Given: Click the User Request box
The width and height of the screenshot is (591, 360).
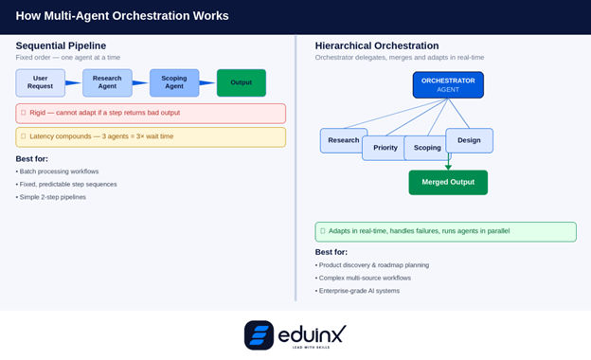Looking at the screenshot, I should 41,83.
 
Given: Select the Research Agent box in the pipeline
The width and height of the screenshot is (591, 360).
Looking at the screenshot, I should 107,83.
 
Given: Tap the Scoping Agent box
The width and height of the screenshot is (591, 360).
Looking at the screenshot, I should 174,83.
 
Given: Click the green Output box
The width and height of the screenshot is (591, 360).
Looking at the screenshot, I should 241,83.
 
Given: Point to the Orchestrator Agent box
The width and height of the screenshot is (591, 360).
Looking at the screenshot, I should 448,85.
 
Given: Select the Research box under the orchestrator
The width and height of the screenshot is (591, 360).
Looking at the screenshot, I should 341,140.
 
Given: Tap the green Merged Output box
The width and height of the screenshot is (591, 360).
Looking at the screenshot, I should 448,182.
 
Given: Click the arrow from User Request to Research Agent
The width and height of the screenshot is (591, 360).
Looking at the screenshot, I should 74,83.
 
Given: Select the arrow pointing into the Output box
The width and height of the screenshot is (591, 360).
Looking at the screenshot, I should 207,83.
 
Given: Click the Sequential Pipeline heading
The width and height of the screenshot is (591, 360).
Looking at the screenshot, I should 61,45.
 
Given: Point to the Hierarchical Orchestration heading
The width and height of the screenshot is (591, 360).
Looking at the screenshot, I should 377,45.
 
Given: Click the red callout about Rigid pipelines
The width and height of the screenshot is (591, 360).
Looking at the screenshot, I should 151,113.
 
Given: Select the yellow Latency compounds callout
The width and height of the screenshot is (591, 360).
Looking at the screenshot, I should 151,136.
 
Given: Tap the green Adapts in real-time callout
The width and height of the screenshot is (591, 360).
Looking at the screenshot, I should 445,231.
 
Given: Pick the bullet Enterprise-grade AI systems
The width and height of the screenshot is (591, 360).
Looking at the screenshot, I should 359,291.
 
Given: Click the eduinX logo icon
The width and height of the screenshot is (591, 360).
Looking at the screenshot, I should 259,335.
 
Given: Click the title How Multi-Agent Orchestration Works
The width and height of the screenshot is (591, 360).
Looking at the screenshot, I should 122,15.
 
